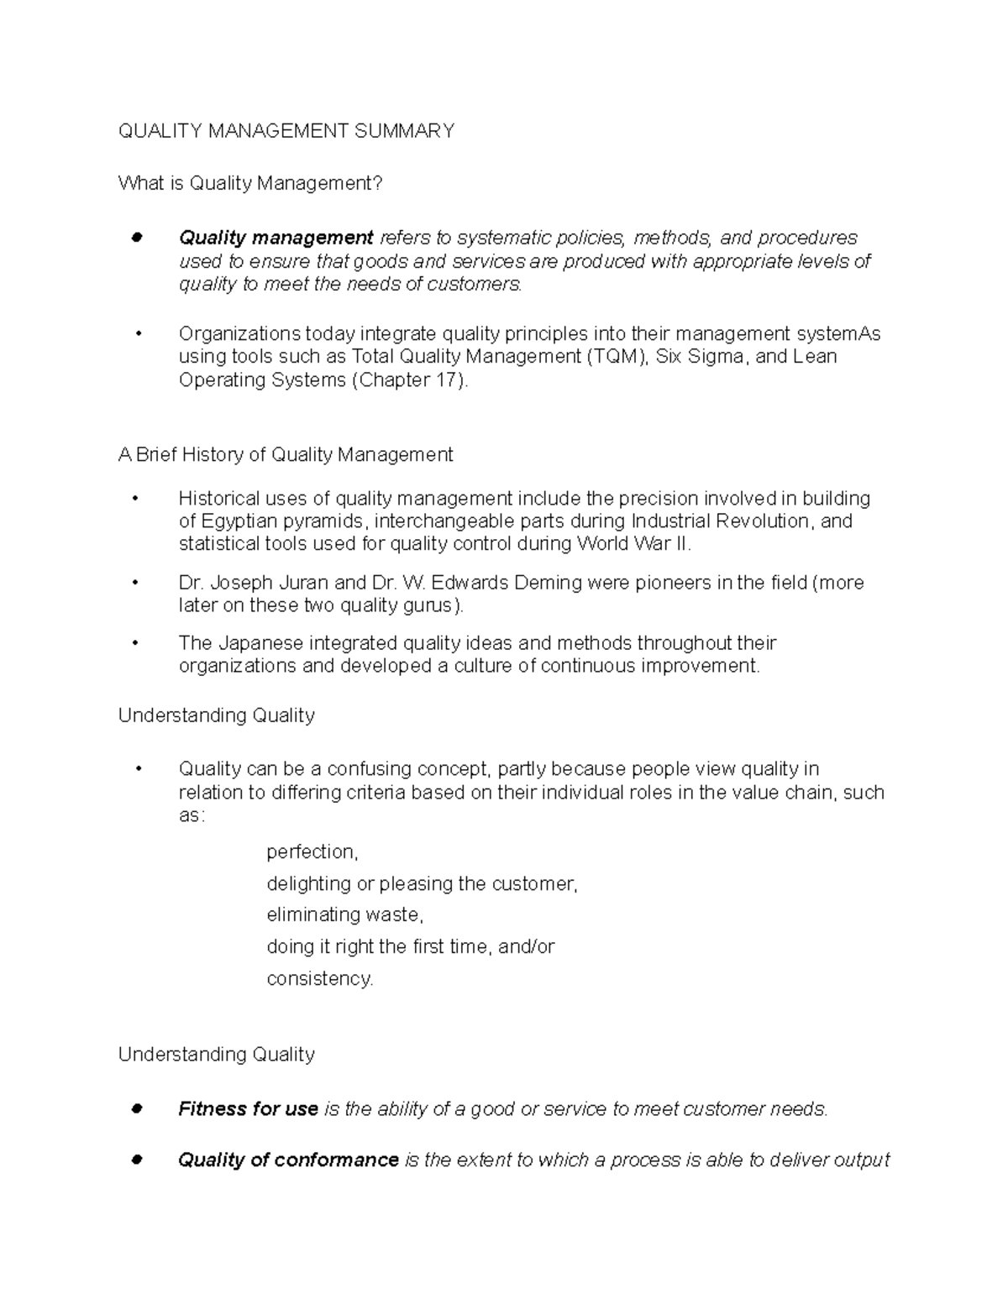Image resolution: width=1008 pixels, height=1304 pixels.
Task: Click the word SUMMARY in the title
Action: point(404,130)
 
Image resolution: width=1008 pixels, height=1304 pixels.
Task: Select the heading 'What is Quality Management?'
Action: point(250,183)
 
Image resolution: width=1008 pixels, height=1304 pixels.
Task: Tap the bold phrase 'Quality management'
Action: point(276,238)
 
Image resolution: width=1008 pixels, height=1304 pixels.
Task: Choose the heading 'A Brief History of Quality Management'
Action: point(286,454)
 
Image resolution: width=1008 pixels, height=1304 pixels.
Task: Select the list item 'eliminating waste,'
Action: point(344,914)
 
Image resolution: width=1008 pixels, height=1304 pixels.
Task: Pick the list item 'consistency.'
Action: point(319,978)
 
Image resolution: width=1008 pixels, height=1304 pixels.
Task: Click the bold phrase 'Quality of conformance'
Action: point(288,1160)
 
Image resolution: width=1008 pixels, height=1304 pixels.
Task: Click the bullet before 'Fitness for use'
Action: point(135,1108)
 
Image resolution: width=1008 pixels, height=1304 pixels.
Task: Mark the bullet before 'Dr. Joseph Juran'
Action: point(135,582)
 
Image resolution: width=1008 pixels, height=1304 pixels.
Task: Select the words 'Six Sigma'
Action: point(700,356)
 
